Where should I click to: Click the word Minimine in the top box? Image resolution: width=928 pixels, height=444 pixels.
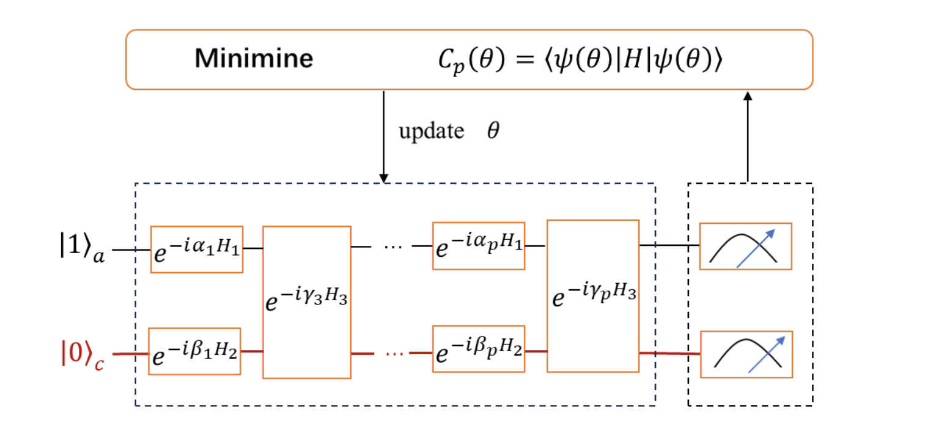pos(254,59)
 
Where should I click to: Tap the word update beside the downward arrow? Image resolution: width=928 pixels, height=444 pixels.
pos(431,131)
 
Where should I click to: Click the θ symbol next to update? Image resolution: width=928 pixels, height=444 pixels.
pos(493,131)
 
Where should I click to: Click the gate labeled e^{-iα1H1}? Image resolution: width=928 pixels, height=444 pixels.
pos(197,249)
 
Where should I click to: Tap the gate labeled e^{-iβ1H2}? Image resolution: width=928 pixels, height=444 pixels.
pos(195,352)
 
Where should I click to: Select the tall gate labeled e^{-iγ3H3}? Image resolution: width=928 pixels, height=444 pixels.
pos(306,302)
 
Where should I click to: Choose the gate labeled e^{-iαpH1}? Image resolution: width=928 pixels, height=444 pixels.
pos(479,246)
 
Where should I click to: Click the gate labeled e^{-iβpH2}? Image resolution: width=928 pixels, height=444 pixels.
pos(479,349)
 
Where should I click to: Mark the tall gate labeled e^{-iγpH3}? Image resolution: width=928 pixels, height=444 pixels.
pos(593,296)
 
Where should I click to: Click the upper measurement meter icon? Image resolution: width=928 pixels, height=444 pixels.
pos(746,246)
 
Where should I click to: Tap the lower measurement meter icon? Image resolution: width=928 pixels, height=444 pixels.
pos(746,354)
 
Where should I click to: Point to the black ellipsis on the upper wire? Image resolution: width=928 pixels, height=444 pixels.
pos(391,247)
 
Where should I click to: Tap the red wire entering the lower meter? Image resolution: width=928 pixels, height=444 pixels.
pos(669,353)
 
